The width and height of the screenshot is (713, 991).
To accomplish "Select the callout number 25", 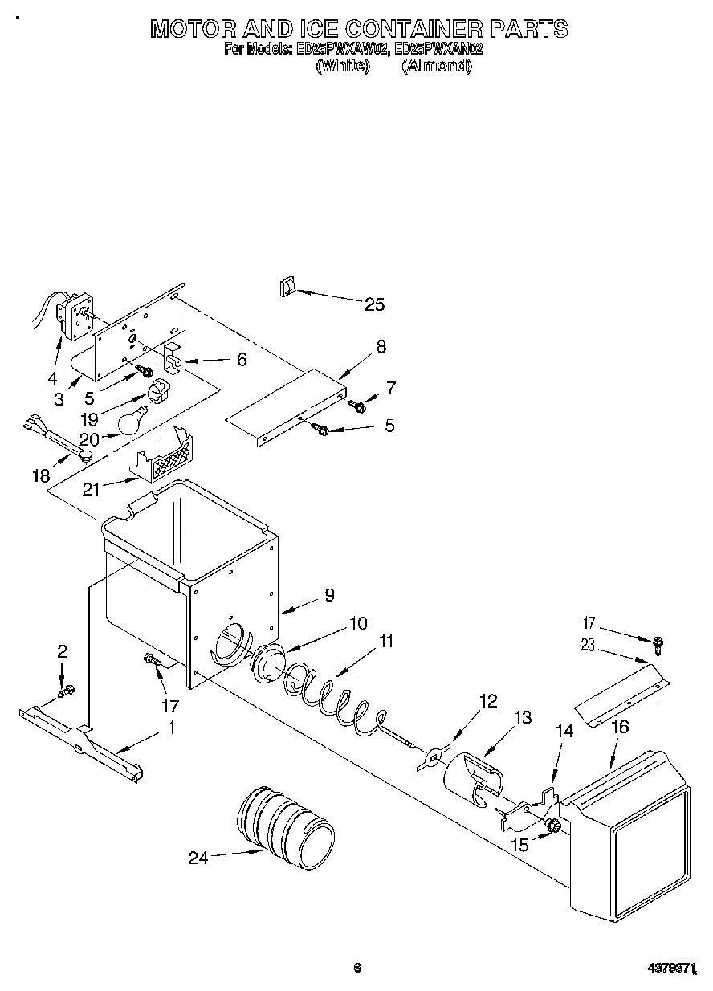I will click(x=374, y=304).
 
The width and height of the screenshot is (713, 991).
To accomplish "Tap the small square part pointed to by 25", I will click(x=287, y=288).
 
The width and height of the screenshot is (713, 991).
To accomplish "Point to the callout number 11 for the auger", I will click(x=387, y=641).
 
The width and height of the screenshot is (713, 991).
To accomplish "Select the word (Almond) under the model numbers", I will click(x=436, y=67).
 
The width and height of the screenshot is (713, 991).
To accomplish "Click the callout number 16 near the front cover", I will click(x=619, y=728).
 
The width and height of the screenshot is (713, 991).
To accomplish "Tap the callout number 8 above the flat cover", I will click(x=380, y=346).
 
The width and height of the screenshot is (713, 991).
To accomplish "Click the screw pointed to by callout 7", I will click(x=360, y=407).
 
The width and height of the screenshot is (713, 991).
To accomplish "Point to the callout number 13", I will click(x=522, y=717).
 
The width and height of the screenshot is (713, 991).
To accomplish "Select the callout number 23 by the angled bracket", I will click(x=589, y=645).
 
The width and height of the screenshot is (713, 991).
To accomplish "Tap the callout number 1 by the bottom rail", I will click(x=170, y=728).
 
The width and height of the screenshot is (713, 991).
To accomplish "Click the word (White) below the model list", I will click(x=342, y=67).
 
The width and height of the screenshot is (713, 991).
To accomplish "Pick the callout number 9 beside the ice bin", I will click(x=329, y=595).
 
